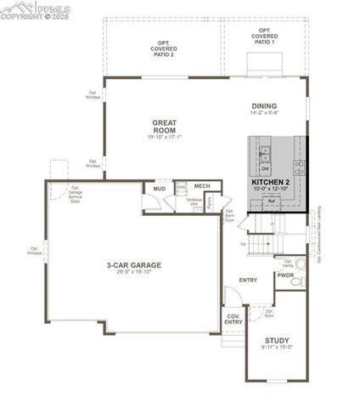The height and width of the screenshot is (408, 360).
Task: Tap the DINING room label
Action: click(265, 105)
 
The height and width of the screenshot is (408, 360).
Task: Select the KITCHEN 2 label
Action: click(271, 183)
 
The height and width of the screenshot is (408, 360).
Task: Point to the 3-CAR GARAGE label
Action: click(134, 264)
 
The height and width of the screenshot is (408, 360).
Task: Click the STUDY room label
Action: click(277, 342)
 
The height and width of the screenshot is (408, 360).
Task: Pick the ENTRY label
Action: click(249, 280)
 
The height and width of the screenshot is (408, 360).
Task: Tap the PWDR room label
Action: click(285, 275)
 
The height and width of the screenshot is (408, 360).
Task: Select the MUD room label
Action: click(159, 189)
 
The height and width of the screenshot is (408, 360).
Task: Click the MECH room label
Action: click(201, 185)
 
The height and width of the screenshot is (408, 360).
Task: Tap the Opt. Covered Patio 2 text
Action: click(164, 48)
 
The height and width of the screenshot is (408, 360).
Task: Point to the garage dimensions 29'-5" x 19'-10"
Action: click(134, 274)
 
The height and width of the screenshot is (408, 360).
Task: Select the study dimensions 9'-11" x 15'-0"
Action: click(277, 348)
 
